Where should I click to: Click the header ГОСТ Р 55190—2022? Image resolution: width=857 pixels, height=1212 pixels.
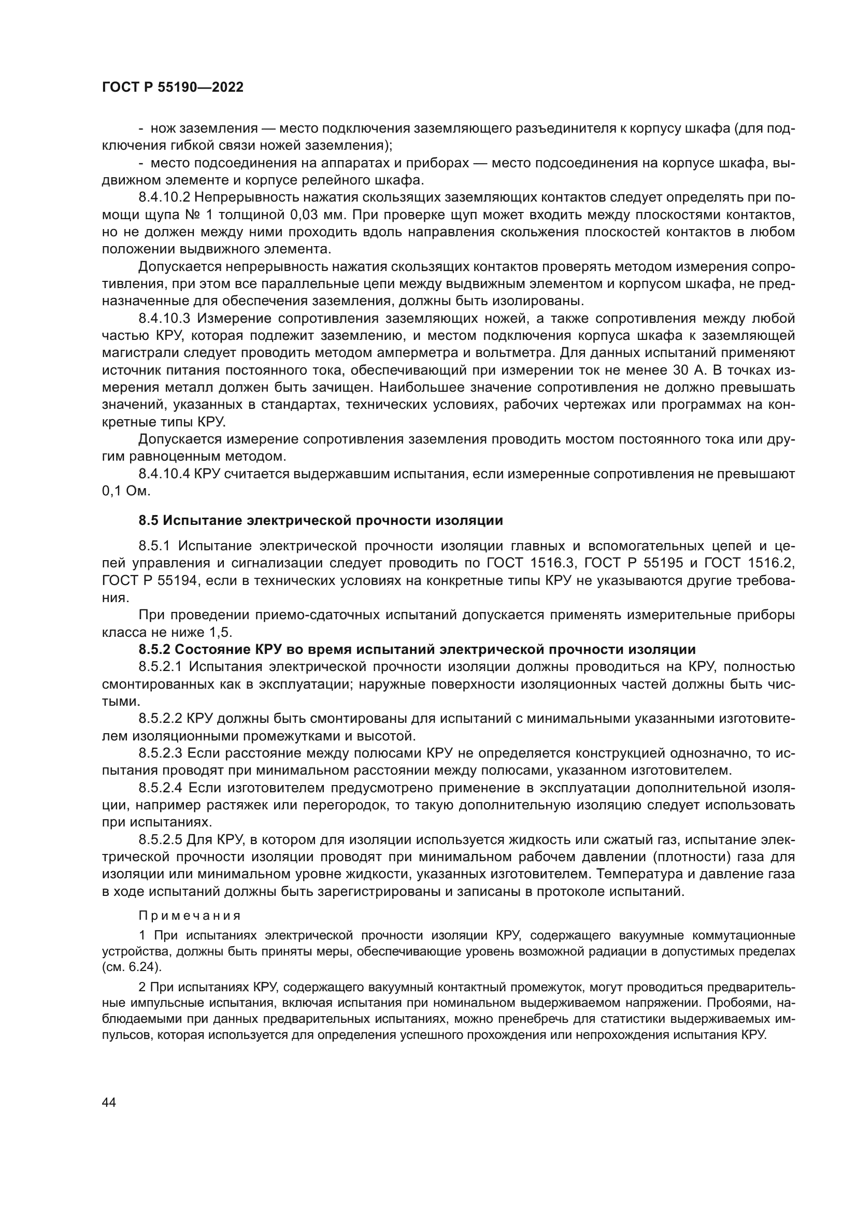coord(173,87)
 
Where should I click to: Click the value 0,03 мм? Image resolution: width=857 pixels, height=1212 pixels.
coord(318,215)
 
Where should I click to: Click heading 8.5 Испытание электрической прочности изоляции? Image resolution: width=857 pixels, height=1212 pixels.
coord(320,520)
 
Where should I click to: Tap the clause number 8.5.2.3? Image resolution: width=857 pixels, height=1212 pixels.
coord(161,753)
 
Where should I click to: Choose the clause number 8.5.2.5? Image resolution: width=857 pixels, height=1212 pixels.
coord(161,840)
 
